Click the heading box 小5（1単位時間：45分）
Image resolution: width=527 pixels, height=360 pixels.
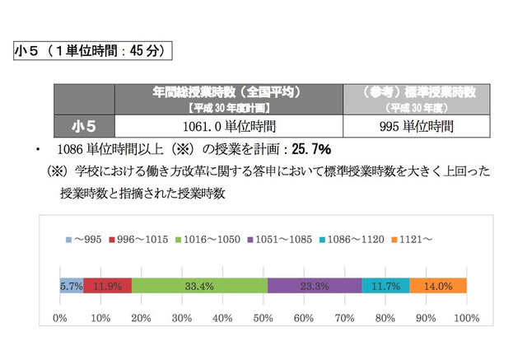click(x=93, y=51)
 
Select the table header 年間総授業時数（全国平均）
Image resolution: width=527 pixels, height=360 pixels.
click(x=229, y=98)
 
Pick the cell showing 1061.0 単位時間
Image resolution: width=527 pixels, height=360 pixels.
click(x=229, y=127)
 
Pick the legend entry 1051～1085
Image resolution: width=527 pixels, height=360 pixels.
click(x=278, y=239)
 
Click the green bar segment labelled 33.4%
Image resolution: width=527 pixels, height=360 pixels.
click(x=199, y=286)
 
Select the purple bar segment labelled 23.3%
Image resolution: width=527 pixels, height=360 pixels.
click(x=315, y=286)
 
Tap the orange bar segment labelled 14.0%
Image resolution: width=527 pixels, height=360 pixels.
click(x=438, y=286)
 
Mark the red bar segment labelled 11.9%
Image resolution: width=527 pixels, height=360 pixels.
click(x=107, y=286)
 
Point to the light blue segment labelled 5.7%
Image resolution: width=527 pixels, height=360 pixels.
click(x=71, y=286)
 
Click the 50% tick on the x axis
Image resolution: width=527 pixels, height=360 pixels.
click(x=263, y=317)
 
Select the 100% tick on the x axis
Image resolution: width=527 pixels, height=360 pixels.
click(x=466, y=317)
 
